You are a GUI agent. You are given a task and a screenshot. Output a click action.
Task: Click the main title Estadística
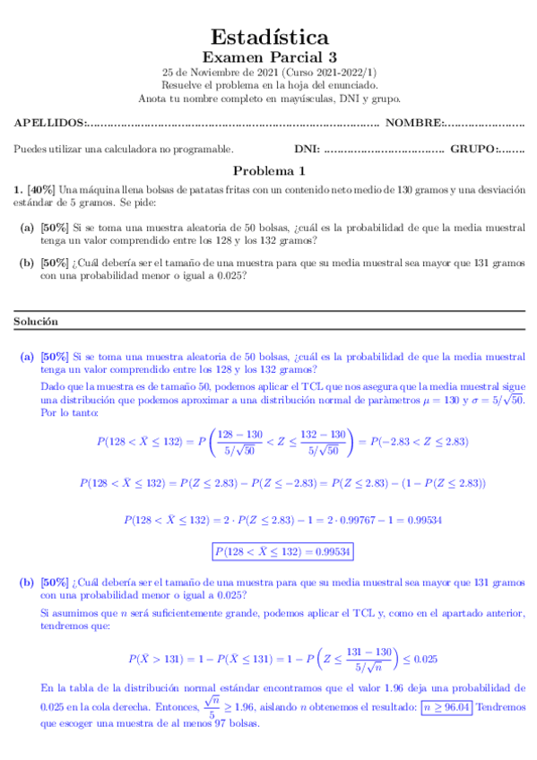pos(269,37)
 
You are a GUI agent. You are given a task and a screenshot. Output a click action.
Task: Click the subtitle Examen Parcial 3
pos(269,57)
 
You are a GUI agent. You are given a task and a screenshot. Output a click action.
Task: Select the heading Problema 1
pos(269,170)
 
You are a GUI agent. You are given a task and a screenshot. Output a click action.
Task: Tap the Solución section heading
pos(36,321)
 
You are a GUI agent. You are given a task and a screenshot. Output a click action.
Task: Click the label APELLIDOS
pos(49,123)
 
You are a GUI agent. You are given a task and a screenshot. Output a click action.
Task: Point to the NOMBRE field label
pos(413,123)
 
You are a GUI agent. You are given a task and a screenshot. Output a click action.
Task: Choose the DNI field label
pos(307,149)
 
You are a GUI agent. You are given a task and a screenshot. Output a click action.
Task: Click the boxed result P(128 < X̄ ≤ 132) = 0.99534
pos(281,550)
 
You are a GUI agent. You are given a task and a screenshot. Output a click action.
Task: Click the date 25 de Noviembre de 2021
pos(220,73)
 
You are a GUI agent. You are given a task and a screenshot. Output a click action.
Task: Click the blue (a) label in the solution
pos(27,357)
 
